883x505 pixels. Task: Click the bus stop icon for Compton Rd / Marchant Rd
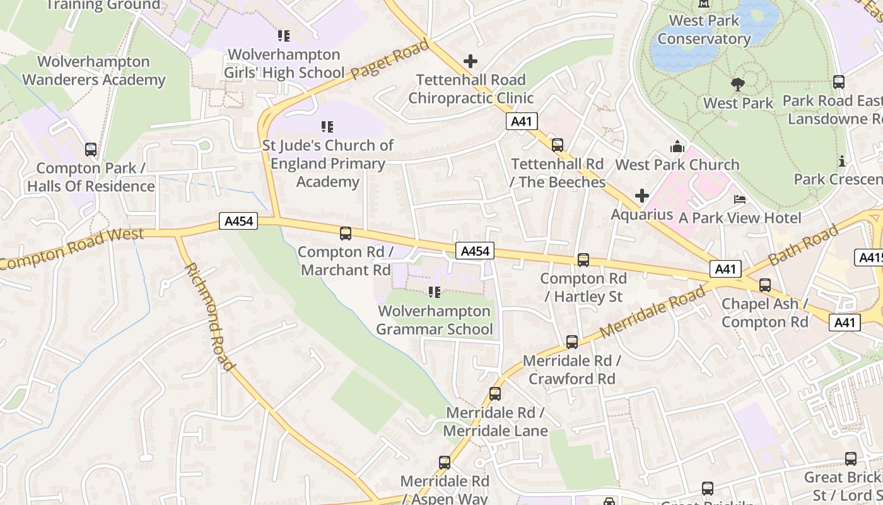(345, 234)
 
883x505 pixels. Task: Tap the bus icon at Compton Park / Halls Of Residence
(91, 150)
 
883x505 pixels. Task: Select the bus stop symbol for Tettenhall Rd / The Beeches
(557, 145)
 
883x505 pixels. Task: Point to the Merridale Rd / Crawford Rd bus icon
(571, 342)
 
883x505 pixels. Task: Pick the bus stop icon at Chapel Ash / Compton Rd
(764, 285)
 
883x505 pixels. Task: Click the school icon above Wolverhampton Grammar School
(434, 292)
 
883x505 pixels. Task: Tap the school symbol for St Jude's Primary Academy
(327, 127)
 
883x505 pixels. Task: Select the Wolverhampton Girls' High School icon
(283, 36)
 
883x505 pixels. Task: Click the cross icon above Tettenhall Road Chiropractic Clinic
(470, 61)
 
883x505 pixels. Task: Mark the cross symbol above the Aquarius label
(641, 196)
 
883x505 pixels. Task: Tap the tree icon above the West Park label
(737, 84)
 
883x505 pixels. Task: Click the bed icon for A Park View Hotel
(739, 199)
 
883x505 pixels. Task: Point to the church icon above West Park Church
(677, 147)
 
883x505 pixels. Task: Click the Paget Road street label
(390, 59)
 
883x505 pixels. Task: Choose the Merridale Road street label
(652, 311)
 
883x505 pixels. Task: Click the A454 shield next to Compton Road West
(239, 221)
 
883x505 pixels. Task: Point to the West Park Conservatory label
(704, 30)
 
